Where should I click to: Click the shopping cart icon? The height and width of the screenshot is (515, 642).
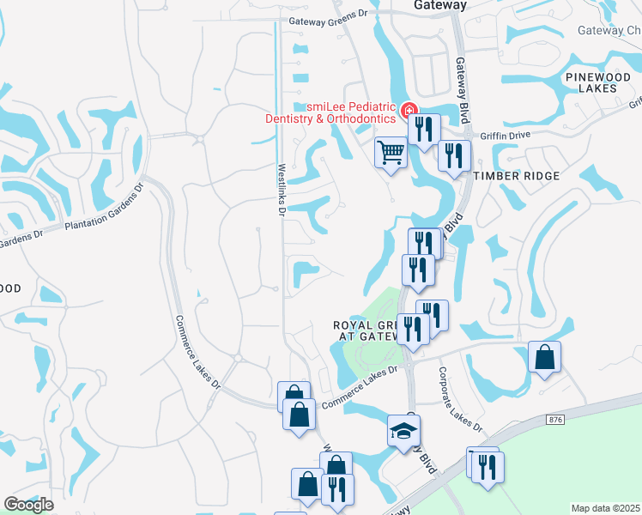pos(391,153)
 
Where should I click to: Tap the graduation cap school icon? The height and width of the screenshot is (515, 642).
pos(401,431)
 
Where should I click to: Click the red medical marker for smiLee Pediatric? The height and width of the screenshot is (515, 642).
pos(409,111)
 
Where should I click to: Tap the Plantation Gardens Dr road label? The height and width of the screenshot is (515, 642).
pos(103,213)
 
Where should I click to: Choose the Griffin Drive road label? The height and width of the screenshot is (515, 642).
pos(506,135)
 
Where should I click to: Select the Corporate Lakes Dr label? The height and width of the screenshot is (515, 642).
pos(461,400)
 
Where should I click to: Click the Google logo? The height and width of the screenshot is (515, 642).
pos(28,504)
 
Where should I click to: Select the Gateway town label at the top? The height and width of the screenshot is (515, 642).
pos(440,5)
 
